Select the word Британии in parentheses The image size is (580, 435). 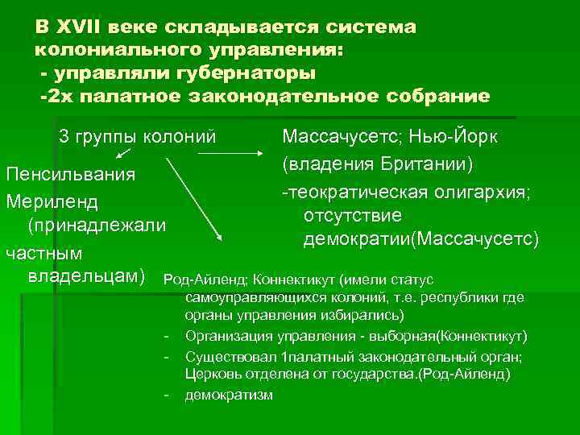tap(430, 164)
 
